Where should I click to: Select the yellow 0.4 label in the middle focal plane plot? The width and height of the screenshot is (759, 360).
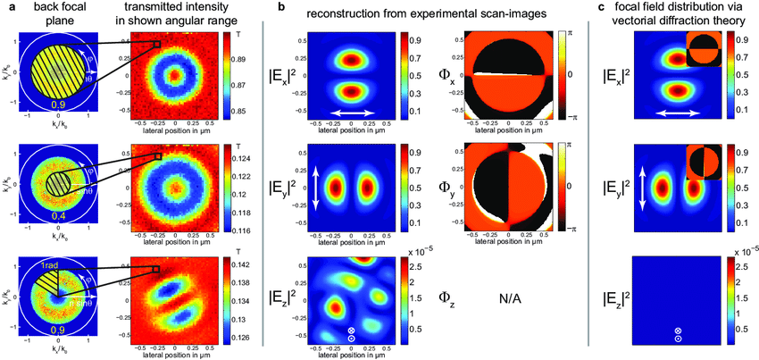pos(55,217)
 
